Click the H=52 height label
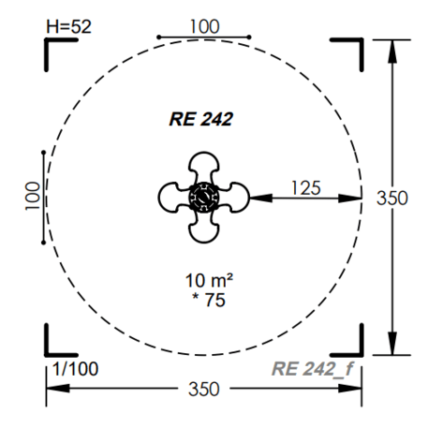(x=68, y=26)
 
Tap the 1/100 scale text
(x=75, y=369)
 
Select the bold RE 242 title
(x=201, y=119)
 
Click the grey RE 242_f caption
(x=313, y=369)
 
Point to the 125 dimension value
(x=306, y=188)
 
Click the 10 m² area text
(x=209, y=280)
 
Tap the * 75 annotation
(x=209, y=300)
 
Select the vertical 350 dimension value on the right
(x=392, y=198)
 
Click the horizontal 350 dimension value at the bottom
(x=204, y=389)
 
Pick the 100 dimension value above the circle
(x=205, y=26)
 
